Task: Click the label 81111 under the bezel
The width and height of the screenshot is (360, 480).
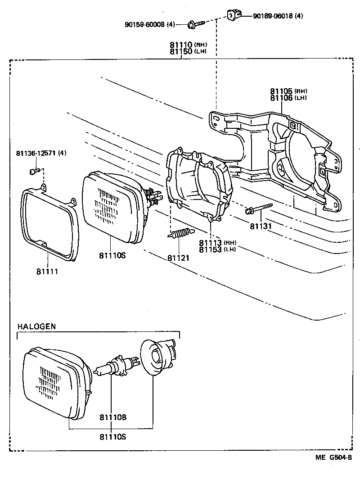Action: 48,272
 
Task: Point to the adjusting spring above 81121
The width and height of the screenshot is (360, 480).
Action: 180,234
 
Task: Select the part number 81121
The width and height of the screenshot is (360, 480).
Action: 179,258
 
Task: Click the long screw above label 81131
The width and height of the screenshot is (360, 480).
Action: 260,208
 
